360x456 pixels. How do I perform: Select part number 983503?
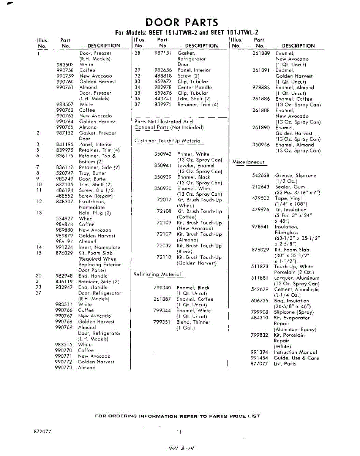click(65, 65)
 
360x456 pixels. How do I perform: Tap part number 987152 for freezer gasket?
click(65, 133)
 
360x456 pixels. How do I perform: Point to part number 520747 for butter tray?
click(65, 173)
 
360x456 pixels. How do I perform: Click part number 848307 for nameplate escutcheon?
click(65, 201)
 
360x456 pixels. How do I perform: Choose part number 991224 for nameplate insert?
click(65, 247)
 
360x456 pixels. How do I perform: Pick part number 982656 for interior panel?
click(163, 70)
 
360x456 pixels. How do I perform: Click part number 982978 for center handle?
click(163, 87)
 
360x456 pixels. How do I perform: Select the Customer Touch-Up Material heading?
click(169, 141)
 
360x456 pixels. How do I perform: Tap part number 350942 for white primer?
click(163, 154)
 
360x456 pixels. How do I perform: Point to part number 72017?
click(164, 200)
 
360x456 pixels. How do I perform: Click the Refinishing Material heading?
click(158, 274)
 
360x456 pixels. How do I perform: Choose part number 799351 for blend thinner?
click(162, 322)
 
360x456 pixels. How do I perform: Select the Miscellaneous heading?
click(248, 162)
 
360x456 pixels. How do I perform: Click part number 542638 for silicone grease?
click(260, 176)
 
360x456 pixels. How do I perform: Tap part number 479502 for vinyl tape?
click(260, 198)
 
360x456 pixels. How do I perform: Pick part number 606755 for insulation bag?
click(260, 301)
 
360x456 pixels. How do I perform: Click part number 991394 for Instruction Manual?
click(260, 352)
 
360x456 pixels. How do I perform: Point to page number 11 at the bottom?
click(180, 432)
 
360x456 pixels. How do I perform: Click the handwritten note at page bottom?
click(181, 449)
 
